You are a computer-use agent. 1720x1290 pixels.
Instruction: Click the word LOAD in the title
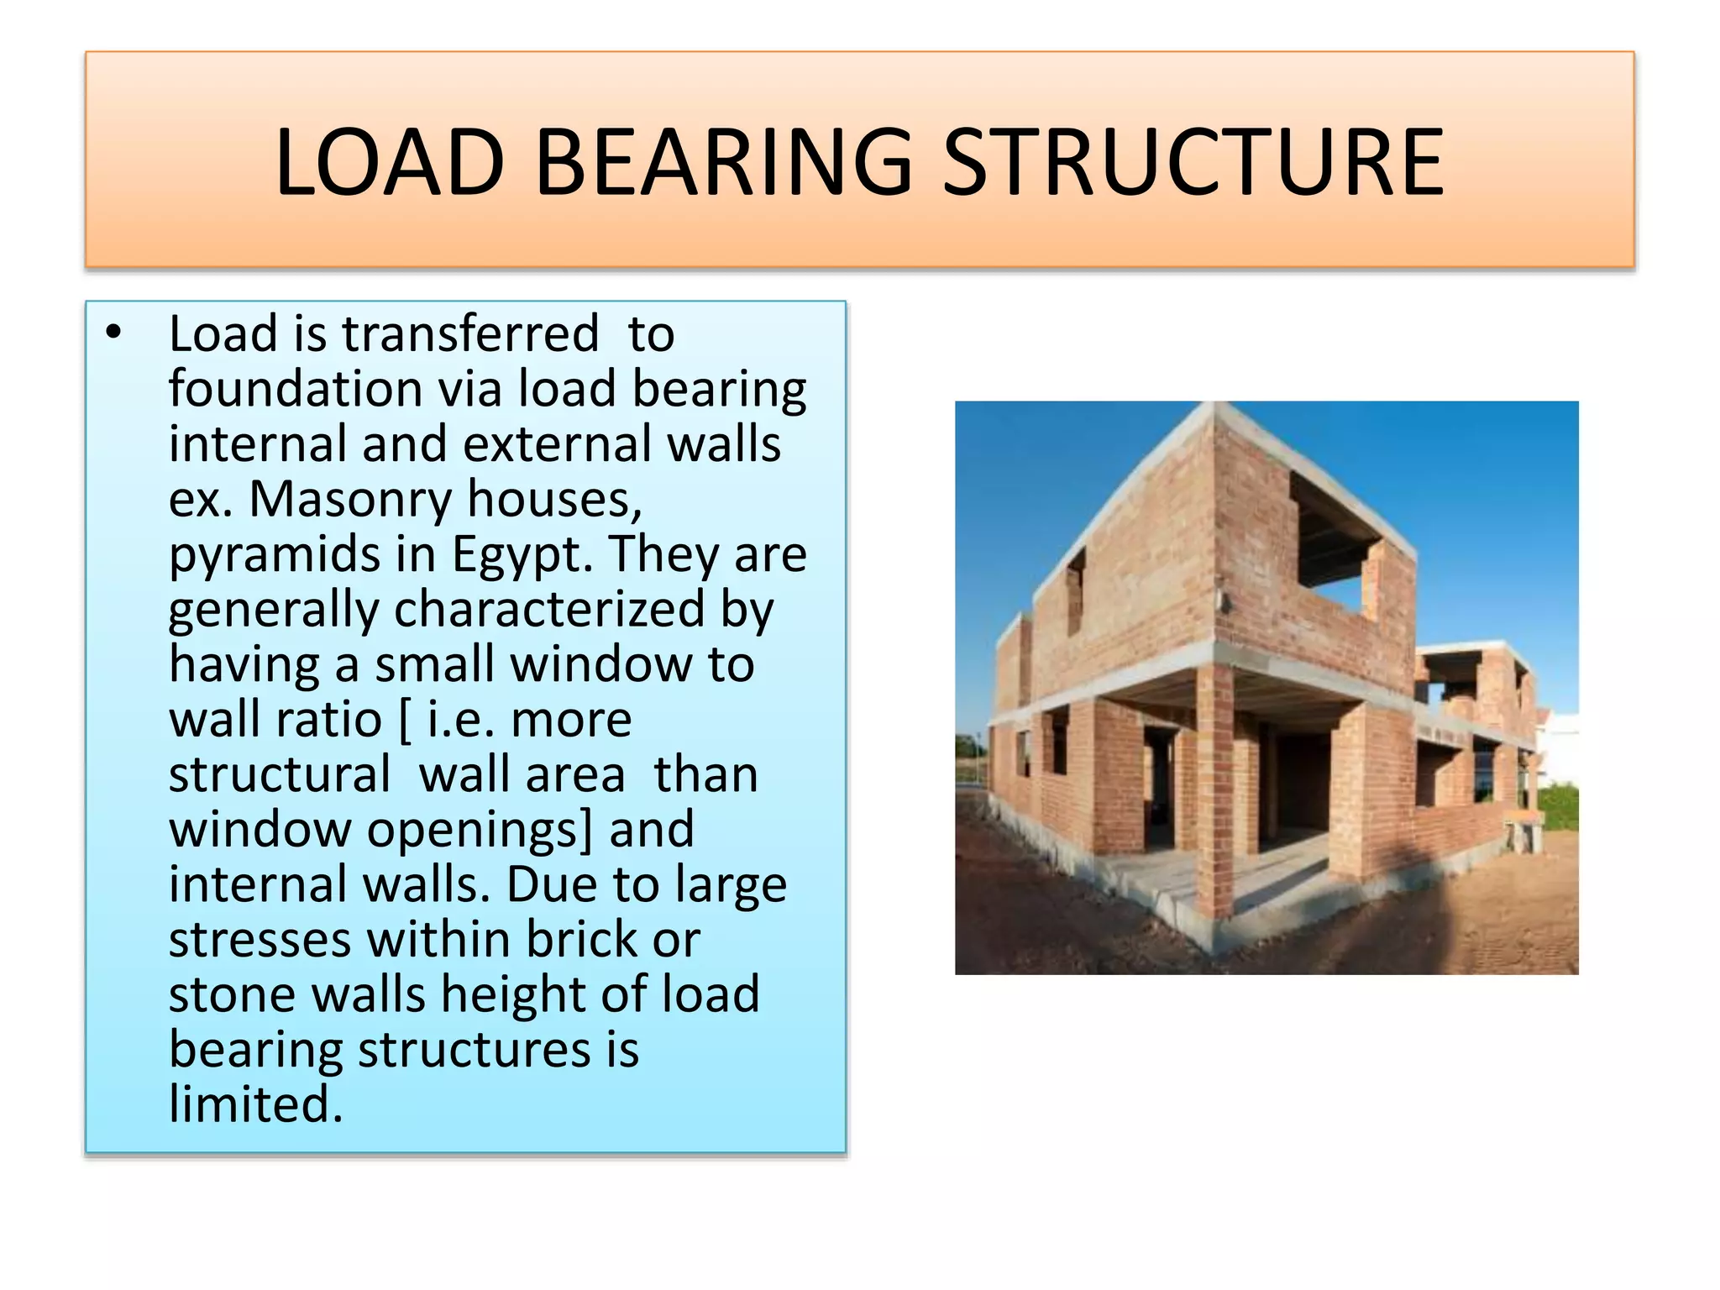[390, 162]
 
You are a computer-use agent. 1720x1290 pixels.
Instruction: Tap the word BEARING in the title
[722, 162]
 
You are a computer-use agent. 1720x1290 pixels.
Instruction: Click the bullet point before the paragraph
[114, 333]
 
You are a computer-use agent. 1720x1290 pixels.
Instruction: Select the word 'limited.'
[256, 1104]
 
